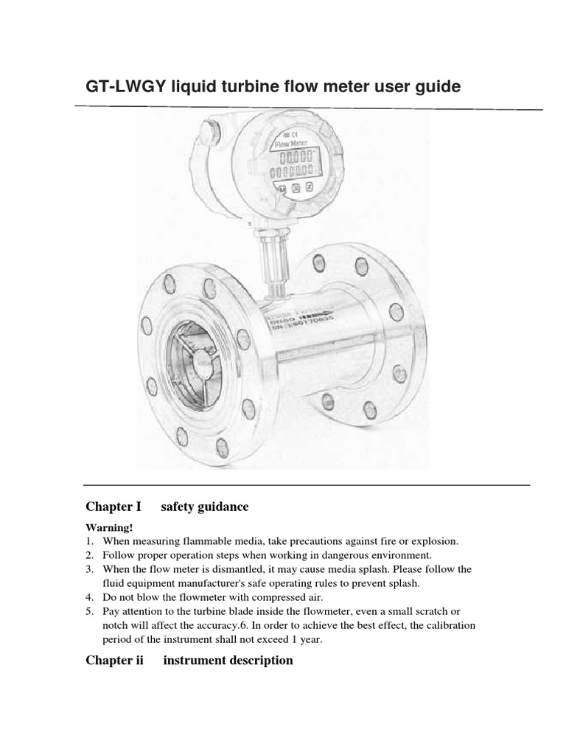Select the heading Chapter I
click(x=113, y=507)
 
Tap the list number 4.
click(x=89, y=597)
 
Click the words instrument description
click(x=228, y=660)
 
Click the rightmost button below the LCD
click(x=310, y=187)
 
